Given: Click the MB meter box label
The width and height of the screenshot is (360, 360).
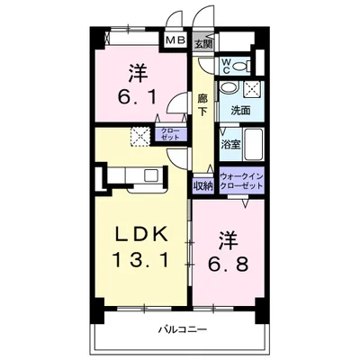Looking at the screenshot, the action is pos(175,40).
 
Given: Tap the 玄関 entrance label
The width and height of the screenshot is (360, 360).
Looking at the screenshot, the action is pos(203,44).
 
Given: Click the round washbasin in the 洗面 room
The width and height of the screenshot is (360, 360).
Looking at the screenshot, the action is pos(229,88).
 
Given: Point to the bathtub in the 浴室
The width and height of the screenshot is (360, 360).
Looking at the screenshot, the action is pos(253,145).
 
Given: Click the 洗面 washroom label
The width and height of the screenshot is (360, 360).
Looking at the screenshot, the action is pos(240,111).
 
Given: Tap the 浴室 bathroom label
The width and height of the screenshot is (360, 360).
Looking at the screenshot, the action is pos(230,145).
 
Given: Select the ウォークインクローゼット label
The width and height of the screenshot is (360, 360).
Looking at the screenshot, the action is pos(242,181).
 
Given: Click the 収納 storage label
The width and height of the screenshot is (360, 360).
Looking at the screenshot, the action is pos(202,186).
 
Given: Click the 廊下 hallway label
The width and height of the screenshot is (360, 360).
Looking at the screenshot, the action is pos(202,104).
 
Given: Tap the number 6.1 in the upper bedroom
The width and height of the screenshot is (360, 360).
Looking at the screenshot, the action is pos(138,97).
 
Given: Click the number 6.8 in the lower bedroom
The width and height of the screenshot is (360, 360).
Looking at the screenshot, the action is pos(229,265).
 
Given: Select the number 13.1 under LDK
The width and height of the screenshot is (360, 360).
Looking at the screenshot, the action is pos(140,259).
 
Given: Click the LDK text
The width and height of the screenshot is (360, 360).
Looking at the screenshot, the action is pos(141,234).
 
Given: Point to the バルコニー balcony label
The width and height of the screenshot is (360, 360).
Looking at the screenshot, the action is pos(183,330).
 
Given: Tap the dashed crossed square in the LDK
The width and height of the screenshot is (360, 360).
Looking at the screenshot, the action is pos(140,137).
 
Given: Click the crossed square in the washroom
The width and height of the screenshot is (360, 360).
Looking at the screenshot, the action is pos(252,89).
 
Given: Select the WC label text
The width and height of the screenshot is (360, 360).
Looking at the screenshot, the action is pos(226,66).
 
